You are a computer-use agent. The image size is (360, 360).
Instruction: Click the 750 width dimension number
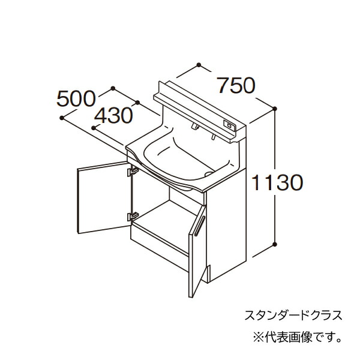click(236, 86)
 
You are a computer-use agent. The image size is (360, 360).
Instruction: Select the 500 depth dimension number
click(76, 99)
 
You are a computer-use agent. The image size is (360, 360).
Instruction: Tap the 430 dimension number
click(113, 115)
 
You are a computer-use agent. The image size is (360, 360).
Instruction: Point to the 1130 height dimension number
click(277, 182)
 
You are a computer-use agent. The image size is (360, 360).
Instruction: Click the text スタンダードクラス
click(293, 315)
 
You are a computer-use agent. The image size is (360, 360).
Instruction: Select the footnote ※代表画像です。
click(297, 337)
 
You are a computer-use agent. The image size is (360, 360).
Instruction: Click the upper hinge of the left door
click(133, 171)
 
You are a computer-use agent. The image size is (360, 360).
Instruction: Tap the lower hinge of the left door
click(133, 216)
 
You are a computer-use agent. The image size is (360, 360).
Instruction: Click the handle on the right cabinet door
click(199, 226)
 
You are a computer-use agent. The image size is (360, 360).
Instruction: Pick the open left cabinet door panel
click(104, 197)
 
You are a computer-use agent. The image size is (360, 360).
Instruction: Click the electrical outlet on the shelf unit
click(229, 125)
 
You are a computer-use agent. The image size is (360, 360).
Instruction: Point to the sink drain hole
click(209, 173)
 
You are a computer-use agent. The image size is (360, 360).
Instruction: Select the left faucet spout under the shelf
click(194, 126)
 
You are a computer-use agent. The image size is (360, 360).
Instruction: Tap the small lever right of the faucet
click(213, 137)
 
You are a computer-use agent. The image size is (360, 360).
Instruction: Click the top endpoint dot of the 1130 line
click(275, 109)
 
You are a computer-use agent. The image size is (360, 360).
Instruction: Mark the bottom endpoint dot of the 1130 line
click(275, 244)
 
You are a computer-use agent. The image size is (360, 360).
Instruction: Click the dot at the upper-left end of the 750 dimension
click(199, 65)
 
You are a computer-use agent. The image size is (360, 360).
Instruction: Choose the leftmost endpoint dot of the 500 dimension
click(62, 118)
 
